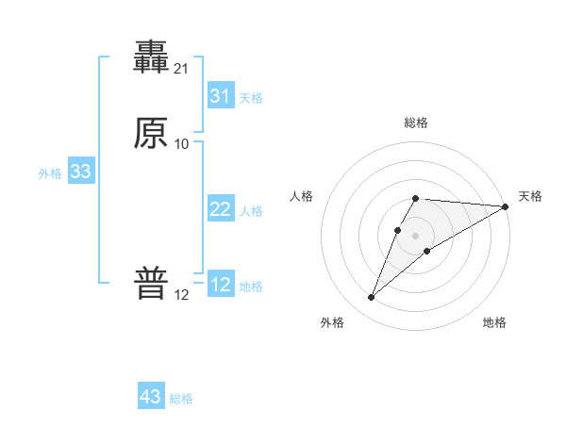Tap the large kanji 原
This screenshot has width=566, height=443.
coord(152,134)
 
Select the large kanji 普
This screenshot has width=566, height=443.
coord(152,284)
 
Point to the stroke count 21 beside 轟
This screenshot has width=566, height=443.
coord(182,68)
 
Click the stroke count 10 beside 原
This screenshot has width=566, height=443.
coord(182,143)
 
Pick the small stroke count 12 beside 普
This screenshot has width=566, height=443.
coord(182,294)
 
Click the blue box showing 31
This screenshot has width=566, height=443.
coord(220,96)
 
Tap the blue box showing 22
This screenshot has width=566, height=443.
coord(220,209)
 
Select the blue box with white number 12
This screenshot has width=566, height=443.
coord(220,285)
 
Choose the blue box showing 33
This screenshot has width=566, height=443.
coord(80,172)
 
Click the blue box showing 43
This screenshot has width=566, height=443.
coord(151,397)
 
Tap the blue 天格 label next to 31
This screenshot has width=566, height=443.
coord(251,98)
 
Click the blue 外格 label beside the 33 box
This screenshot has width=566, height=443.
coord(50,173)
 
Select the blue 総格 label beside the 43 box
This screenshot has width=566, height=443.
coord(181,399)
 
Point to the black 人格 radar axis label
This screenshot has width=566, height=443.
coord(302,196)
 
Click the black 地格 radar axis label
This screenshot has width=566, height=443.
coord(494,322)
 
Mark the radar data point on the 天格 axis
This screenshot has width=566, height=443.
coord(506,206)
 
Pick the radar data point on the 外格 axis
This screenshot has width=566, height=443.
coord(371,298)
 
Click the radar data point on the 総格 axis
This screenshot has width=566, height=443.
coord(416,198)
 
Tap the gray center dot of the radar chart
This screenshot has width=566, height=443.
coord(416,236)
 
